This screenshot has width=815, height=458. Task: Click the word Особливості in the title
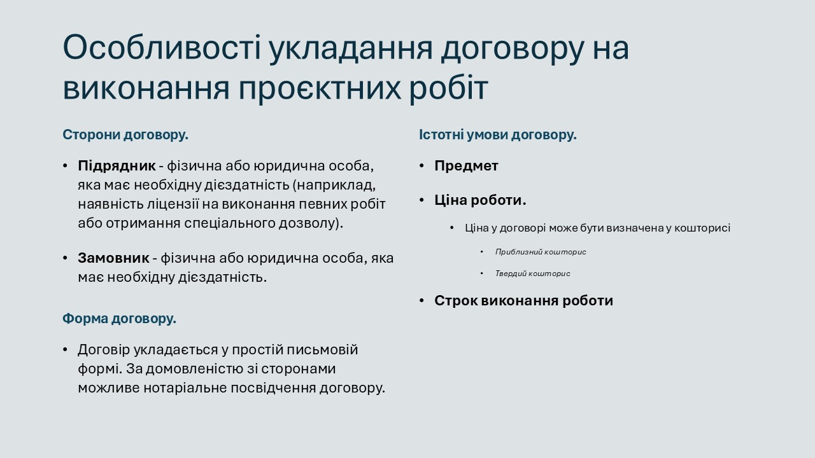click(x=162, y=48)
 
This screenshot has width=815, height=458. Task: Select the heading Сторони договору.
click(x=125, y=135)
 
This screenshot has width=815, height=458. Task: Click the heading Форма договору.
click(x=119, y=319)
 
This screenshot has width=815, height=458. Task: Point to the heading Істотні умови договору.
click(x=498, y=135)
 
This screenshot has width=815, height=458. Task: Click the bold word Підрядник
click(x=117, y=167)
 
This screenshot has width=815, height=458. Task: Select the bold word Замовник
click(x=113, y=258)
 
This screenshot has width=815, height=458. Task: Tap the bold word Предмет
click(x=466, y=166)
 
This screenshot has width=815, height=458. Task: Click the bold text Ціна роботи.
click(x=480, y=200)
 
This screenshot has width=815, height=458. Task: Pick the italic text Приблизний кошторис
click(x=541, y=252)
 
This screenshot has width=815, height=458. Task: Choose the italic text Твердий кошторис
click(x=533, y=274)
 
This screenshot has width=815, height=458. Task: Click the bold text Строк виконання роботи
click(x=523, y=301)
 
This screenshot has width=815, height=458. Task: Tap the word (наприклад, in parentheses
click(x=334, y=185)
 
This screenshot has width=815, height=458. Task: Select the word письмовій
click(x=322, y=350)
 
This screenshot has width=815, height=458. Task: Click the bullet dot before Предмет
click(x=422, y=167)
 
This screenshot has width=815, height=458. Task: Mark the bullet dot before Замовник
click(x=65, y=258)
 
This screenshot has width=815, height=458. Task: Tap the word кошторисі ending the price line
click(x=702, y=228)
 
